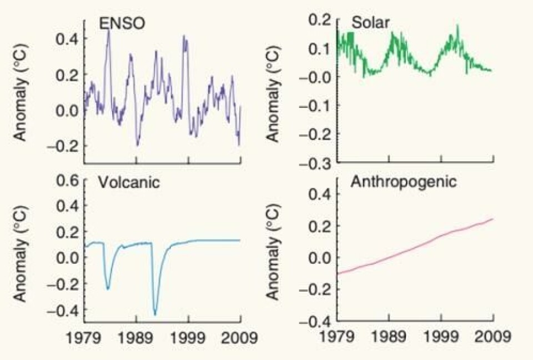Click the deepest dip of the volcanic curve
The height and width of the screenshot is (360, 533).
155,314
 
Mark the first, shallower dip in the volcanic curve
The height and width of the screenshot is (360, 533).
108,288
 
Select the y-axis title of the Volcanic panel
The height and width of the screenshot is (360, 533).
20,253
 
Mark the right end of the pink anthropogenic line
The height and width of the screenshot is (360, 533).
493,219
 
